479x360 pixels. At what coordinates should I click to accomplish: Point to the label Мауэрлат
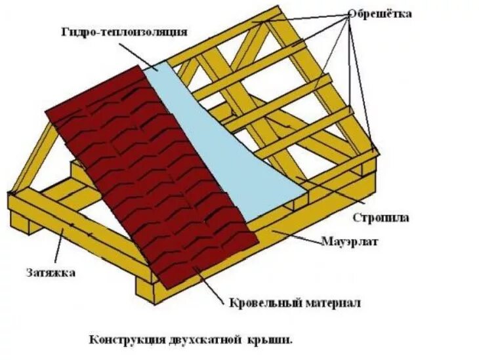coord(350,241)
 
